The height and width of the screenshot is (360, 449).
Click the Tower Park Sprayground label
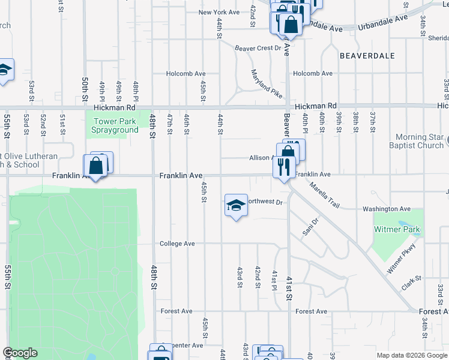115,125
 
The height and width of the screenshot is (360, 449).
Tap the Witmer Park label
397,229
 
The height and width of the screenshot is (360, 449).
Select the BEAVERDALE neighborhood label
367,55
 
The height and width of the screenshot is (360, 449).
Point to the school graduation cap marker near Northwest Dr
236,206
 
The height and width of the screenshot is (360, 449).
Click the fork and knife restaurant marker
283,166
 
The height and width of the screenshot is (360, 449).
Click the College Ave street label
177,244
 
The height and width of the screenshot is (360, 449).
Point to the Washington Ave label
387,209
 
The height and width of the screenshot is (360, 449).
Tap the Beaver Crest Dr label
258,47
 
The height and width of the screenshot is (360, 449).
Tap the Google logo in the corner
20,353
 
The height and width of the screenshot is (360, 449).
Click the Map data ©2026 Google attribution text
412,355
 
